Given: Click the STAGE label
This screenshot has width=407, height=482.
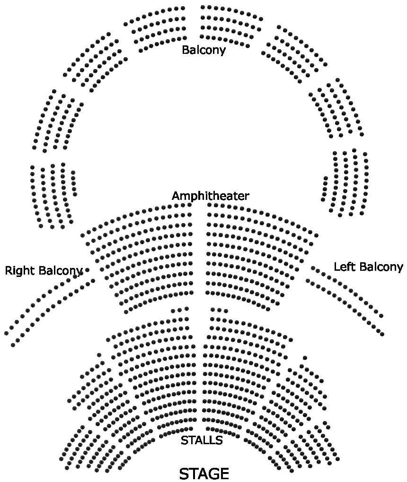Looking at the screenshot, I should tap(204, 473).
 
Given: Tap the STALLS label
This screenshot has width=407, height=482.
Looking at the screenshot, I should tap(202, 440).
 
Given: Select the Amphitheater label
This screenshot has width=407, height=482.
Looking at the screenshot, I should tap(210, 196).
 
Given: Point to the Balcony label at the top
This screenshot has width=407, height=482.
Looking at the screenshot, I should tap(203, 50).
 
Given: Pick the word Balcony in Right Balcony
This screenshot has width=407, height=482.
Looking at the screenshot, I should tap(61, 271).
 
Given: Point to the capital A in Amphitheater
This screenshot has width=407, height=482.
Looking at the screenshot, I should tap(176, 196).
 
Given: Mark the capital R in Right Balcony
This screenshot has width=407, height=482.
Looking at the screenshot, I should tap(9, 271).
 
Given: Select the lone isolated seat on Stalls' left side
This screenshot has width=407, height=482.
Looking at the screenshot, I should tap(99, 355).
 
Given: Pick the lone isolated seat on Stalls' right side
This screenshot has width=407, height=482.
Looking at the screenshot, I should tap(305, 358).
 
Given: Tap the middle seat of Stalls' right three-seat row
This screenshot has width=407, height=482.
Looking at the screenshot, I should tap(219, 310).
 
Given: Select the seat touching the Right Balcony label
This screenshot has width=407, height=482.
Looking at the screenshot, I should tap(87, 270).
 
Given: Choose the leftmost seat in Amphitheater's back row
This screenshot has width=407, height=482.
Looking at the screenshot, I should tap(82, 235).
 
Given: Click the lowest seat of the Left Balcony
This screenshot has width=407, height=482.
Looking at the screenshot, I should tap(382, 334).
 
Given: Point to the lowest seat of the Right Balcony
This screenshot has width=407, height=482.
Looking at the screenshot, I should tap(13, 345).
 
